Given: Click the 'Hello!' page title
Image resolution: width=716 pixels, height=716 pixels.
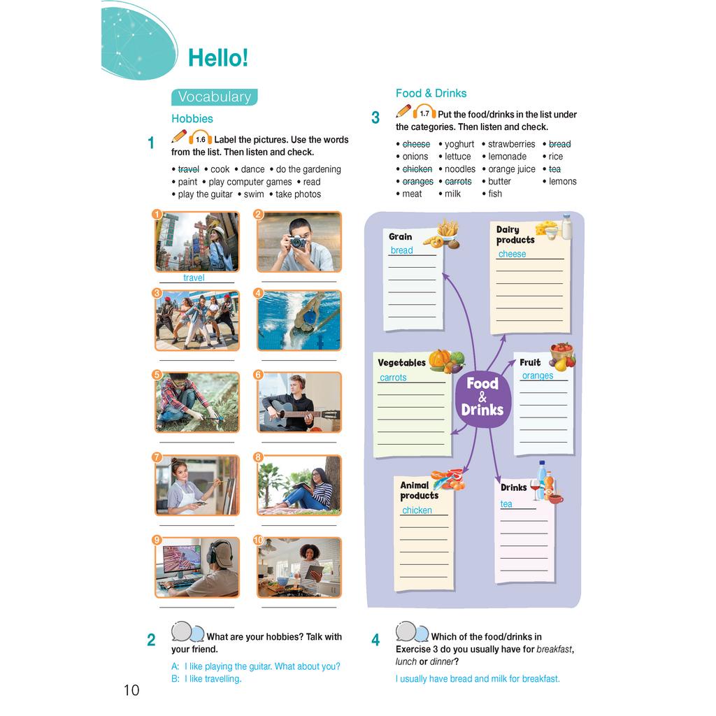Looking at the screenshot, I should tap(218, 58).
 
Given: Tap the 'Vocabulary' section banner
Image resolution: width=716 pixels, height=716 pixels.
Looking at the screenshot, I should tap(214, 97).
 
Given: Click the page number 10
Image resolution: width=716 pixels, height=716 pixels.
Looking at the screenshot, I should tap(131, 691).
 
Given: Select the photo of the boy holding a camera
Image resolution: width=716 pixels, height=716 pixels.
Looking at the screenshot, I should tap(299, 242).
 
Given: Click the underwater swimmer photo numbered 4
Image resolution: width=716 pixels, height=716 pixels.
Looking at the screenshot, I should tap(299, 321).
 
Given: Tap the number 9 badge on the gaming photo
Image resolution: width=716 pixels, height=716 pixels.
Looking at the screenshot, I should tap(157, 540).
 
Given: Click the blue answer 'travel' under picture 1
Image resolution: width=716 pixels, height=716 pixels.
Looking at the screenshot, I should tap(194, 278).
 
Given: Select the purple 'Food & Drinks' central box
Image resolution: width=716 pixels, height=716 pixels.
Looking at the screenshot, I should tap(483, 396).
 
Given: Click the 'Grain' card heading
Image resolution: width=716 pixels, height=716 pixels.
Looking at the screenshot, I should tap(401, 237).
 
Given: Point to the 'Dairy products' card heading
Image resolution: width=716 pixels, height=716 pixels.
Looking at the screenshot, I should tap(515, 235).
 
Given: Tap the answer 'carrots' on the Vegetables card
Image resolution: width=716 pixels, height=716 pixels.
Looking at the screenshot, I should tap(393, 378).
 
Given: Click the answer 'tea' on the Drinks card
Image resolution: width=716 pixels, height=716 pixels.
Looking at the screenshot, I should tap(506, 504).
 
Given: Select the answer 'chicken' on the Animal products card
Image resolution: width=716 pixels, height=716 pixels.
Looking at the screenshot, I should tap(417, 510).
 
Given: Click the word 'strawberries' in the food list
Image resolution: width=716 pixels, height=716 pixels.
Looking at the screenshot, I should tap(511, 144).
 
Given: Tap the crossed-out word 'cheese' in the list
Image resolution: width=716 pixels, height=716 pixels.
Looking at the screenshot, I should tap(416, 144).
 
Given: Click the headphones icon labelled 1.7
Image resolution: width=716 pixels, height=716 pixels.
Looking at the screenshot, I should tap(424, 113).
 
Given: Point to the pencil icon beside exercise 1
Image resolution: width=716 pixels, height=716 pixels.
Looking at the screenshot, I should tap(179, 137).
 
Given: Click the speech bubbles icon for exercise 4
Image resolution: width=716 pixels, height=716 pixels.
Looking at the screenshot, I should tap(412, 633).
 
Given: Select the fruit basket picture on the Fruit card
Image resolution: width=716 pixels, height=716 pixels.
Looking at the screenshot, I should tap(561, 356).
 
